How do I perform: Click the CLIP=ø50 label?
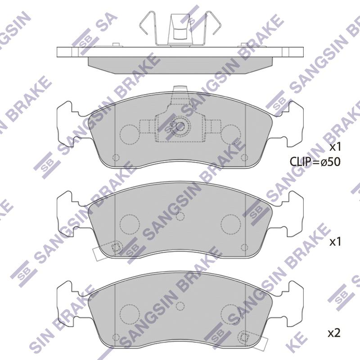pyautogui.click(x=315, y=162)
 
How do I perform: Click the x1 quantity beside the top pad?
pyautogui.click(x=335, y=147)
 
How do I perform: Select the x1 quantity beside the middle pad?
pyautogui.click(x=335, y=242)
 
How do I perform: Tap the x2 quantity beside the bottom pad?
pyautogui.click(x=334, y=333)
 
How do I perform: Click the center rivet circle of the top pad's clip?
pyautogui.click(x=180, y=126)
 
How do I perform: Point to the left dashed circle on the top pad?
pyautogui.click(x=130, y=135)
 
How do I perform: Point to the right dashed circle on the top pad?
pyautogui.click(x=230, y=135)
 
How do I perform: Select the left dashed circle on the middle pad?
pyautogui.click(x=130, y=224)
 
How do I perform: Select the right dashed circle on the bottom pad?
pyautogui.click(x=230, y=315)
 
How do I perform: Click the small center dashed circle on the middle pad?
pyautogui.click(x=180, y=216)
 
